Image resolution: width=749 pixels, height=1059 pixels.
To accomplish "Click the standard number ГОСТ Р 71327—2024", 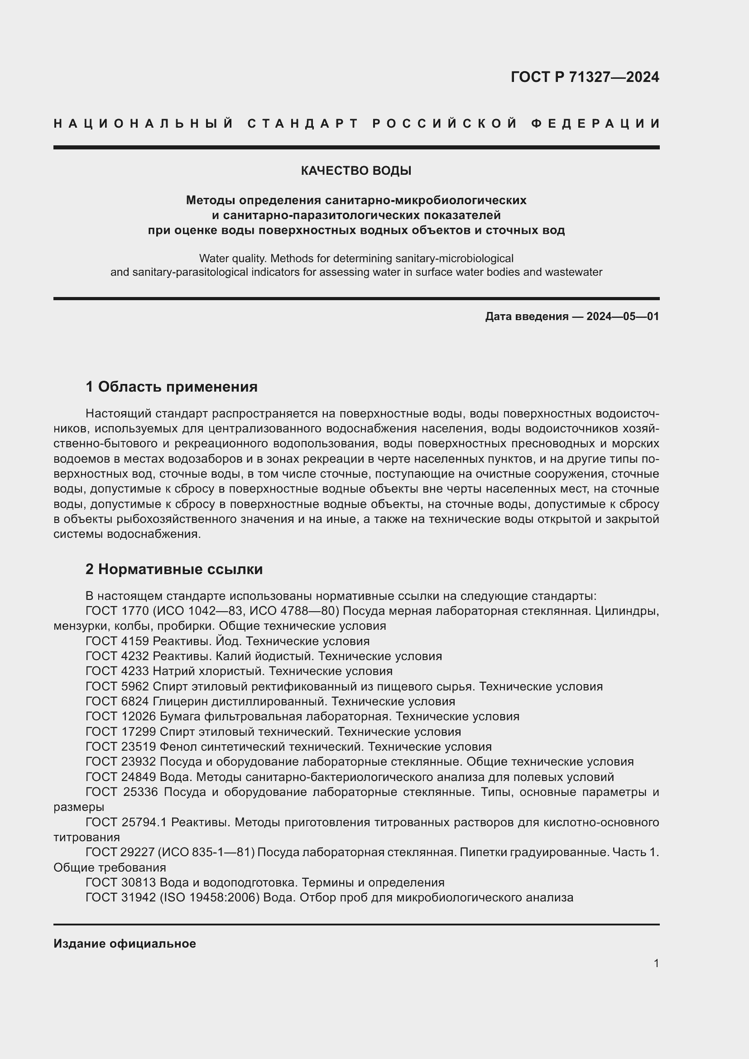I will (x=584, y=77).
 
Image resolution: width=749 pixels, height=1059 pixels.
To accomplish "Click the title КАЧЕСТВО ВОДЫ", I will (x=356, y=171).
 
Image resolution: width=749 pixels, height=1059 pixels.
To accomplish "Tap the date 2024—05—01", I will (x=623, y=316).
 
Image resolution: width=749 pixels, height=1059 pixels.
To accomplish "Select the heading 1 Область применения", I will (x=172, y=387).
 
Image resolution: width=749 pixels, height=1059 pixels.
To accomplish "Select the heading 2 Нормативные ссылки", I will (x=174, y=569).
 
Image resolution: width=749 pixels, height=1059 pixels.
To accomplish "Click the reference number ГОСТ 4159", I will (x=117, y=641).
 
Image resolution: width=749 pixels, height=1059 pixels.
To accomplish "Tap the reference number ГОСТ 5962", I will (x=117, y=686).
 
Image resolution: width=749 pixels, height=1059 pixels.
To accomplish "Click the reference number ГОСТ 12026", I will (x=121, y=716).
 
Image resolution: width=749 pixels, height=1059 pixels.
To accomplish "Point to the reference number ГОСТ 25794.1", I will (x=126, y=822).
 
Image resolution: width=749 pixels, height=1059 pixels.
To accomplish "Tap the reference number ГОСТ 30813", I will (x=121, y=882).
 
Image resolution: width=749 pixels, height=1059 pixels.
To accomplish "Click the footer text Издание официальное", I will (x=125, y=944).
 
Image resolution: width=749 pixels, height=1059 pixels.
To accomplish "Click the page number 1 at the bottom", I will (x=656, y=963).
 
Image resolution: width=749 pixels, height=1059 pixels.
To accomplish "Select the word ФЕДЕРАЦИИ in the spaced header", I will (x=595, y=124).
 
